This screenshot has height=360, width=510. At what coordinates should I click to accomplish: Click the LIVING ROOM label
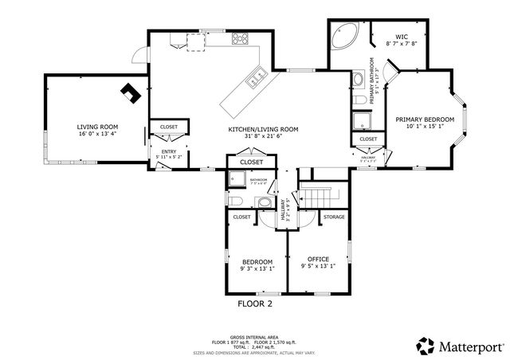(x=97, y=127)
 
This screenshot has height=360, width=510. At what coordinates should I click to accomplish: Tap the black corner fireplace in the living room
(x=129, y=94)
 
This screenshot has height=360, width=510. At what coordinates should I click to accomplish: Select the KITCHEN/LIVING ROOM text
(x=263, y=129)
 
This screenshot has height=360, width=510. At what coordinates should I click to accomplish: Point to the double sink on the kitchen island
(x=257, y=77)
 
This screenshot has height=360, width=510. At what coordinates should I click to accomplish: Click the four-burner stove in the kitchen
(x=240, y=38)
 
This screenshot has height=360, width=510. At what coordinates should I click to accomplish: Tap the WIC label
(x=401, y=36)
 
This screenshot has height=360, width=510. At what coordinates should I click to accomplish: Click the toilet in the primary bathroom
(x=358, y=80)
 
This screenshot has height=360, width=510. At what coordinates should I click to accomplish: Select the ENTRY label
(x=169, y=151)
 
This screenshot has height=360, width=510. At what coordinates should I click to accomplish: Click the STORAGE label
(x=334, y=216)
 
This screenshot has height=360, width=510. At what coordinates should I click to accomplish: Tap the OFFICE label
(x=316, y=259)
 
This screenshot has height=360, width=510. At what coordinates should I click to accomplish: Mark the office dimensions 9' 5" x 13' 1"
(x=316, y=266)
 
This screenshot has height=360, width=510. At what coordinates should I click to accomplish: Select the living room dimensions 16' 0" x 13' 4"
(x=97, y=134)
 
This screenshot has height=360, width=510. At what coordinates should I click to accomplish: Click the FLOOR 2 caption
(x=255, y=303)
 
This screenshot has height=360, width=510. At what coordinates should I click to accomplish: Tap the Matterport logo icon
(x=426, y=346)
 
